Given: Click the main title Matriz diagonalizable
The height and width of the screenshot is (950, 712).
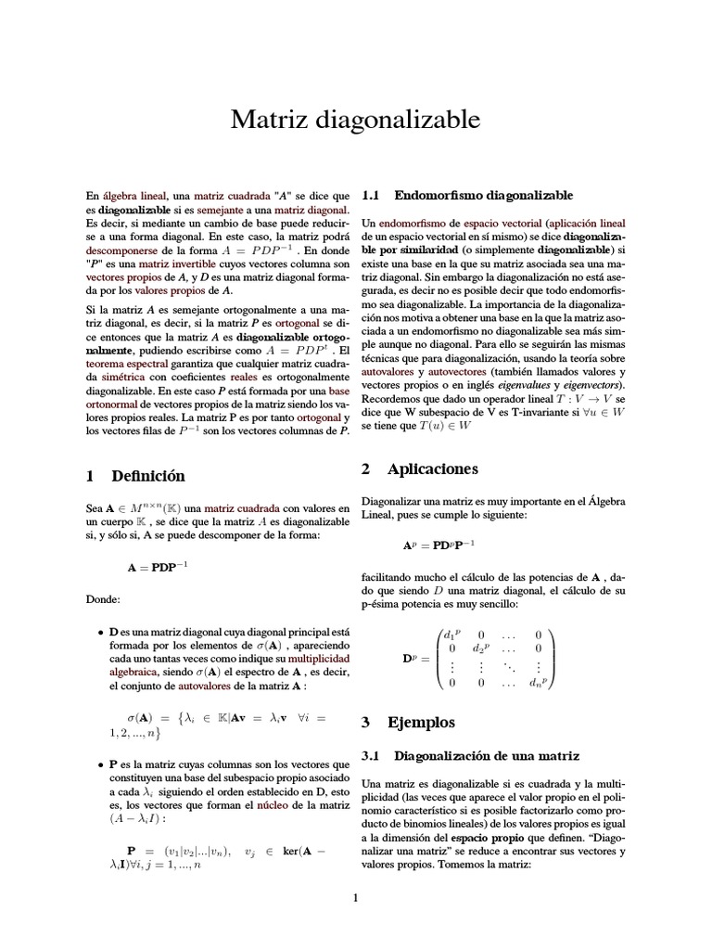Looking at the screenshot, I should [355, 121].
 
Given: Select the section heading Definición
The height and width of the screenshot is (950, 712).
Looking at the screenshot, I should [148, 476].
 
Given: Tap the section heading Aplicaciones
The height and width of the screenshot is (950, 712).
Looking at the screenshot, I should [419, 469].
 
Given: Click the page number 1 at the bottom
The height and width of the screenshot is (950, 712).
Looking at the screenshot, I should [355, 897].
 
